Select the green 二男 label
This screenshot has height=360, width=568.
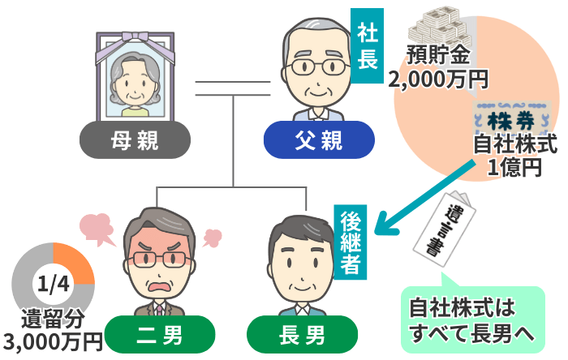[159, 333]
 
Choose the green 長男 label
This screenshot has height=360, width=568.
[302, 333]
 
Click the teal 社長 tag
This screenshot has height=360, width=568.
[366, 45]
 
